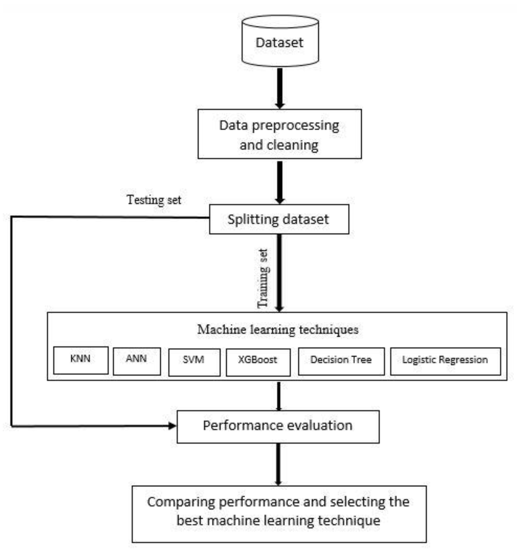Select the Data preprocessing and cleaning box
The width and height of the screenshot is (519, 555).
280,134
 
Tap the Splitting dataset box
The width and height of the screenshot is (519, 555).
279,219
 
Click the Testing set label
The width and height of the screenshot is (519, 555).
154,200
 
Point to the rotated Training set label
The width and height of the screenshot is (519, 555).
263,278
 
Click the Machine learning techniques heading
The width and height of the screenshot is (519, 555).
278,330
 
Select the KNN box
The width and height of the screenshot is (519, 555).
81,360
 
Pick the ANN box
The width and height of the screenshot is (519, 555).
137,361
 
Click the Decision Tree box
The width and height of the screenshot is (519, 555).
341,361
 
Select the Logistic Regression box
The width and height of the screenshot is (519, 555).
445,361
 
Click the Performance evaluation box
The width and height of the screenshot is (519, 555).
278,427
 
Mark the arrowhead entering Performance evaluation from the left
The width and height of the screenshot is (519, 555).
172,426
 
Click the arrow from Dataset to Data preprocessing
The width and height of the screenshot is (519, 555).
280,88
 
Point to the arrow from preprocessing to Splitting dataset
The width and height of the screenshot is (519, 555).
280,182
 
